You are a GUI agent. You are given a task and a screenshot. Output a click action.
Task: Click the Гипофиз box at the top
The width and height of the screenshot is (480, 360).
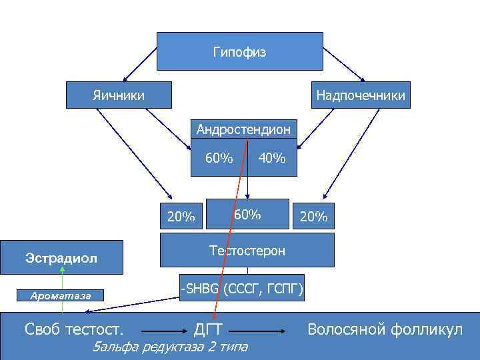tap(239, 51)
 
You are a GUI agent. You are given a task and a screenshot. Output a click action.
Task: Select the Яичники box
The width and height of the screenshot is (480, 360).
tap(119, 95)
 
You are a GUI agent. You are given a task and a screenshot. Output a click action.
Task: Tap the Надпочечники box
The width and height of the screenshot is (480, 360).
tap(360, 96)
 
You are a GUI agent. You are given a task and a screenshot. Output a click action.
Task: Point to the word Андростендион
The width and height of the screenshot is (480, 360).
tap(243, 129)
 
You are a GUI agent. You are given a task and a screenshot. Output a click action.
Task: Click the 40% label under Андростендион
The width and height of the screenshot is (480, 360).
tap(272, 159)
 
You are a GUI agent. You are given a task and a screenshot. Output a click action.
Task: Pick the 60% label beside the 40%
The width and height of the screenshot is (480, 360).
tap(219, 158)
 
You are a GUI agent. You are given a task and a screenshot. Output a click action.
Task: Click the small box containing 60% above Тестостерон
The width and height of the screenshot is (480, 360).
tap(247, 215)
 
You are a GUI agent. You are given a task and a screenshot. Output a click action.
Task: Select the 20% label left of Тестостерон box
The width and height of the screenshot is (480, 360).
tap(181, 217)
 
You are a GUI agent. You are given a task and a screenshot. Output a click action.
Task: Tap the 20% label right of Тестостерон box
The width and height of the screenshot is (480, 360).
tap(313, 217)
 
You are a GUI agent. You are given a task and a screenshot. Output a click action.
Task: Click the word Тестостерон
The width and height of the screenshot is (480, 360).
tap(247, 251)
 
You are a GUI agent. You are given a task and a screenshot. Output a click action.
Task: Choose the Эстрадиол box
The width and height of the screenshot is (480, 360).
tap(61, 257)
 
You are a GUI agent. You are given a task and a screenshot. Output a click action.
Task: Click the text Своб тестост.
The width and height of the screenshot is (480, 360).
tap(73, 329)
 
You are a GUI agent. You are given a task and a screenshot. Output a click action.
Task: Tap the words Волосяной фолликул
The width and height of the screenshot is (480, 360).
tap(385, 329)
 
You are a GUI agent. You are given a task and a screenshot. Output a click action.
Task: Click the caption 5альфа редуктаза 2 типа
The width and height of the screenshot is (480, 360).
tap(171, 347)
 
